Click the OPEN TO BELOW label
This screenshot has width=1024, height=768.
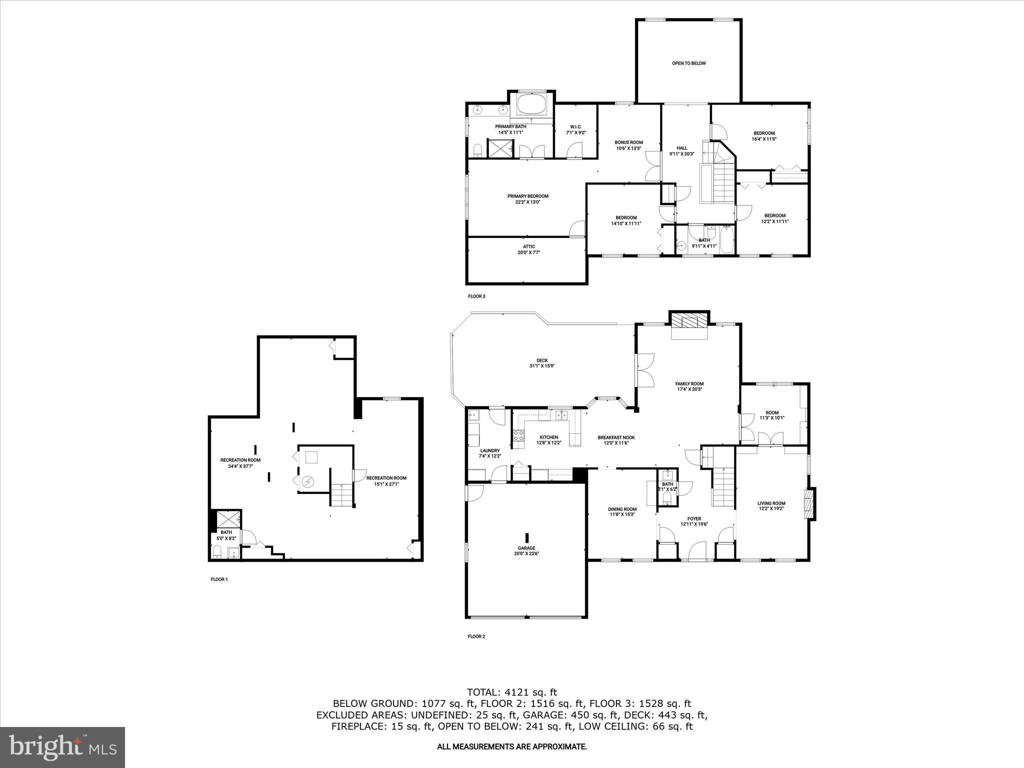(688, 63)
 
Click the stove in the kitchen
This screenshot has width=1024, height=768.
(518, 435)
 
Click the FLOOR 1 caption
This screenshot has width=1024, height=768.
(219, 579)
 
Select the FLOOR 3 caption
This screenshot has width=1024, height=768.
(476, 296)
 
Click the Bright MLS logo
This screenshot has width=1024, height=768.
(62, 747)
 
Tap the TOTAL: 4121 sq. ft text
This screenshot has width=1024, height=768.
(511, 692)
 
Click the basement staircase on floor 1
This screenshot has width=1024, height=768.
(341, 494)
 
